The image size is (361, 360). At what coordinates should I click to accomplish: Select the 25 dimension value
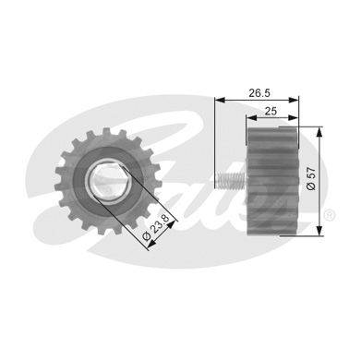(271, 111)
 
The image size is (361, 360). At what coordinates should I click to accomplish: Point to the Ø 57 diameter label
(311, 178)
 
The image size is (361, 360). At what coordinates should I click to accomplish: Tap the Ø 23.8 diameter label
(157, 227)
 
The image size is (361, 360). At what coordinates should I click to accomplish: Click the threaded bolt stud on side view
(231, 180)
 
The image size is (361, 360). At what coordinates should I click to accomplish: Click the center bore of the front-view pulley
(109, 181)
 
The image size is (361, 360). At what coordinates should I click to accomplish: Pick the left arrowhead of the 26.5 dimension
(221, 100)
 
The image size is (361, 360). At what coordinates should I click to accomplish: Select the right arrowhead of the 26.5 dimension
(294, 100)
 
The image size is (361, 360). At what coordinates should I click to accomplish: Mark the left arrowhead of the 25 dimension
(252, 117)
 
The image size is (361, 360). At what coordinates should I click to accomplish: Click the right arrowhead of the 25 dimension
(293, 117)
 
